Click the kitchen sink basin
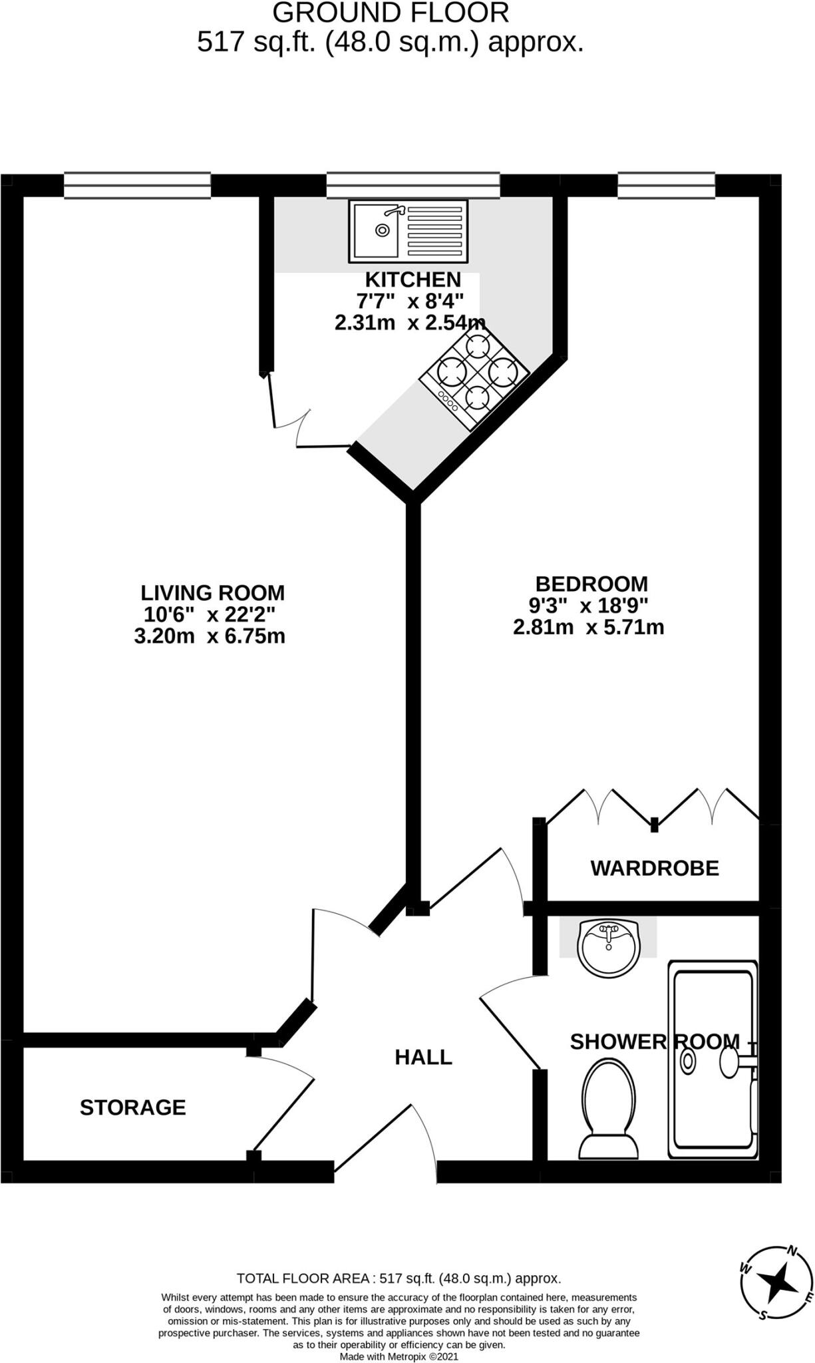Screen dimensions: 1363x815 (376, 230)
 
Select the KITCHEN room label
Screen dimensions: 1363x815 (412, 280)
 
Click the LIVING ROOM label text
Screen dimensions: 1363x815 (212, 592)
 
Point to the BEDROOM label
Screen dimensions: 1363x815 (591, 584)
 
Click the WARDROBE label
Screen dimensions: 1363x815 (655, 868)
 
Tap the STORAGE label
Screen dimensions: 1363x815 (132, 1107)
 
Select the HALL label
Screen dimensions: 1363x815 (423, 1057)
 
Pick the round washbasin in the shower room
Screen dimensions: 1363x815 (608, 948)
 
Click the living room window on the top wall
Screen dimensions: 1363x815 (137, 185)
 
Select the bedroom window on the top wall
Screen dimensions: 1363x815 (666, 185)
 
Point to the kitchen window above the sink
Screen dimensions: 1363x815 (412, 185)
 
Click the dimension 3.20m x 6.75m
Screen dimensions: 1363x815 (210, 636)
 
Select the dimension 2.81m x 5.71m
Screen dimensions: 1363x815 (588, 627)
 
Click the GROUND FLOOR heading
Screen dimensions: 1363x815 (391, 13)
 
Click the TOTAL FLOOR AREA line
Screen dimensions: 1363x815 (399, 1278)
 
